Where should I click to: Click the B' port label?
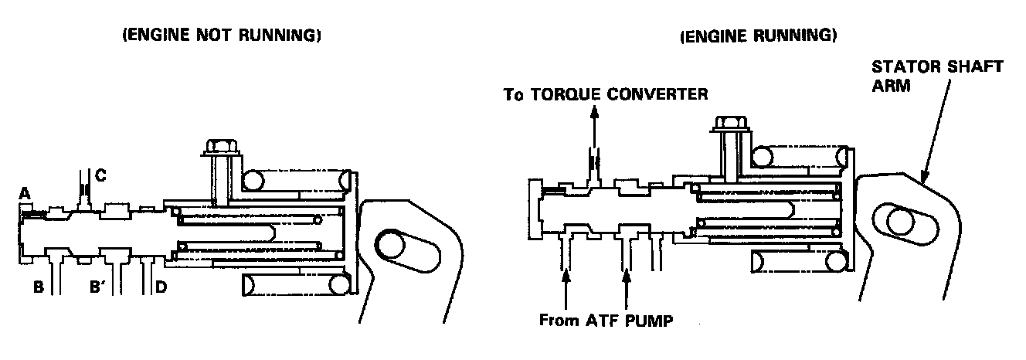pos(98,288)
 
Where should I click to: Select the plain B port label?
pos(38,288)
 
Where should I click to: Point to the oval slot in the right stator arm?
pos(900,222)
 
